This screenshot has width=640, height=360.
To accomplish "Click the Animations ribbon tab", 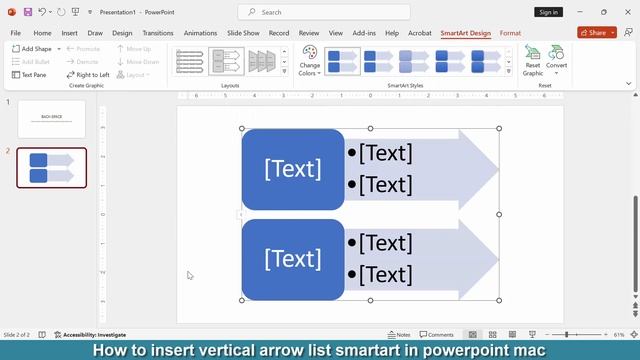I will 200,33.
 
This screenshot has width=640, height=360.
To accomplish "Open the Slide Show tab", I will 243,33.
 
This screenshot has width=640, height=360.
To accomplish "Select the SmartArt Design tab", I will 466,33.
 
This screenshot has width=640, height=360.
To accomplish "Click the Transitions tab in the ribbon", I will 157,33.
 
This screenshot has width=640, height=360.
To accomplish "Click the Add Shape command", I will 34,48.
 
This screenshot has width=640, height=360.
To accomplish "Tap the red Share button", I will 596,33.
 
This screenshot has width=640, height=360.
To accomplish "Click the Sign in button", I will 548,12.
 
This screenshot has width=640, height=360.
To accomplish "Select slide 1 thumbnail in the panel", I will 52,119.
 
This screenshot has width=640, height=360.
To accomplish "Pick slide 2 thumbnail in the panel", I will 52,168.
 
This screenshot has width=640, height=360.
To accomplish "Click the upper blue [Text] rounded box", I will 293,169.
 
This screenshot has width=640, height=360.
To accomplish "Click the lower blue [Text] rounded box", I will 293,259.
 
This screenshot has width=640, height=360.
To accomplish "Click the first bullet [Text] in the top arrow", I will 385,153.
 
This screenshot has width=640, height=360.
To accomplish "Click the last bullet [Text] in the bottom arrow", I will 385,275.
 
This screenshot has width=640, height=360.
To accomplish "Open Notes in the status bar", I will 398,335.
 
